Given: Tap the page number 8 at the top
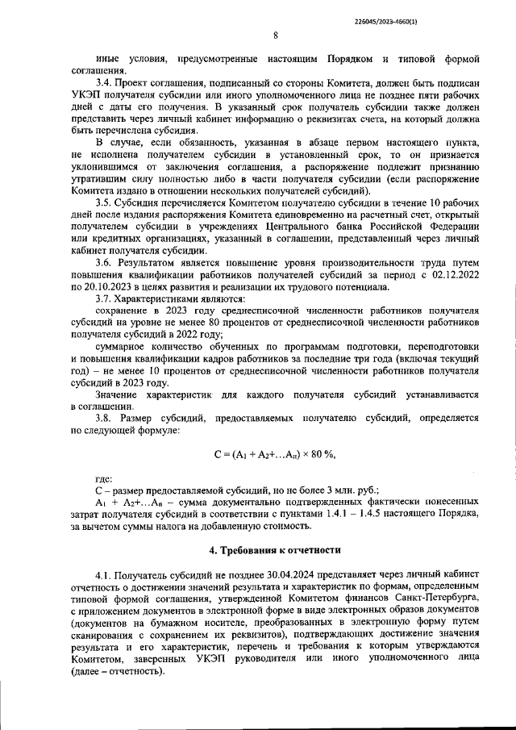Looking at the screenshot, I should pyautogui.click(x=275, y=35).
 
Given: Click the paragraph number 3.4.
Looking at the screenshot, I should pyautogui.click(x=103, y=83).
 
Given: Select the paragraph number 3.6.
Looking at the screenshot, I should pyautogui.click(x=103, y=263).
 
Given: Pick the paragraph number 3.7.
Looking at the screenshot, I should pyautogui.click(x=103, y=298).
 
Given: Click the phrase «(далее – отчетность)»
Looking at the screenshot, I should pyautogui.click(x=116, y=671).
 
